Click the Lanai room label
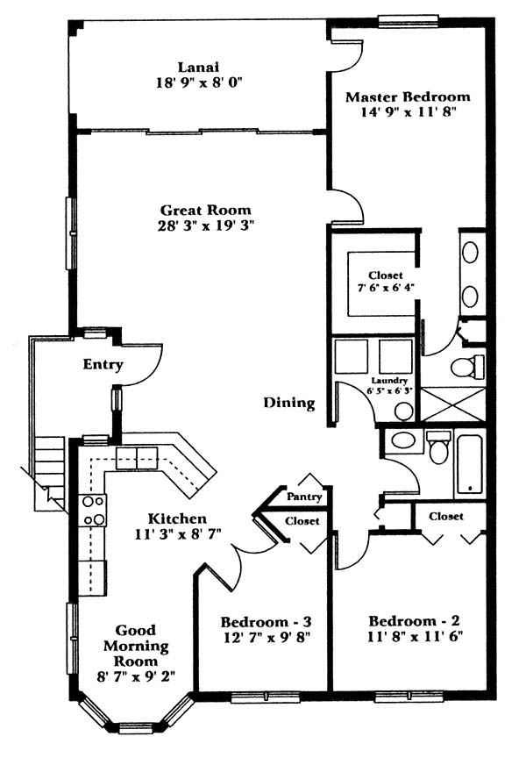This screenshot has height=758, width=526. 198,67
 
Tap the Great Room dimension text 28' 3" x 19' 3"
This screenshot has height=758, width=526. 206,225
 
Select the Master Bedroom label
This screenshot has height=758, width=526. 408,97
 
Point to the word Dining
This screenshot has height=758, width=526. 289,403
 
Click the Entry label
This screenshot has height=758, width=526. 103,364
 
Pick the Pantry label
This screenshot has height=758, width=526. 304,497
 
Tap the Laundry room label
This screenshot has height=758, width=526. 389,381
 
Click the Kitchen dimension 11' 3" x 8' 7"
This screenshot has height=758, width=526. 177,534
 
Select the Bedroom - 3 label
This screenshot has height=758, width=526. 266,622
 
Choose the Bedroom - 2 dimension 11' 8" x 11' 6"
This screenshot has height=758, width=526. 415,637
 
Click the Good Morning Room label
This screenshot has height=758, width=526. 136,646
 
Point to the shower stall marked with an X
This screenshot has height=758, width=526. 453,404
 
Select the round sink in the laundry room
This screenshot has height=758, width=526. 403,412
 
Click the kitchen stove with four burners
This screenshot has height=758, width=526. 93,511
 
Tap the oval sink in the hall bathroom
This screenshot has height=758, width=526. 404,441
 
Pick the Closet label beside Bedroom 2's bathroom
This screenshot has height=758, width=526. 446,516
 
